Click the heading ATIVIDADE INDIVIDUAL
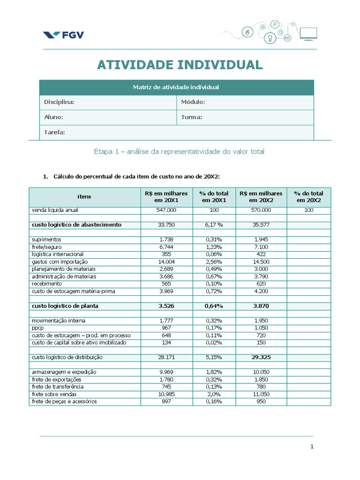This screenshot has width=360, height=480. (x=180, y=65)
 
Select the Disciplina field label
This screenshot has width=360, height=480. (x=59, y=102)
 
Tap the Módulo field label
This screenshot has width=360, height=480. (x=193, y=102)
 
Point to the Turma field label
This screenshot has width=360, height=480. (x=192, y=117)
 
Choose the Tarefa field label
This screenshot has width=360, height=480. (x=54, y=132)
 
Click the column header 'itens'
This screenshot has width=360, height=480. (x=84, y=196)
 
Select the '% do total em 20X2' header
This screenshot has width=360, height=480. (x=308, y=196)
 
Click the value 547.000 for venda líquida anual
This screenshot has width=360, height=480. (x=166, y=210)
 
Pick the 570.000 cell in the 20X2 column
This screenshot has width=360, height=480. (x=261, y=210)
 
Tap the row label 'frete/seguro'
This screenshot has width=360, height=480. (x=47, y=247)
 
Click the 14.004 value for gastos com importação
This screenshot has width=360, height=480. (x=166, y=262)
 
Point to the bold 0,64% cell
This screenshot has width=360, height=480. (x=214, y=306)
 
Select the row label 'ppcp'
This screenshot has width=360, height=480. (x=37, y=328)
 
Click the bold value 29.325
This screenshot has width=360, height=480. (x=261, y=357)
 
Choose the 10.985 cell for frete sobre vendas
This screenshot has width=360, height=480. (x=166, y=394)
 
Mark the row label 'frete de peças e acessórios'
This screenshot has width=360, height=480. (x=64, y=402)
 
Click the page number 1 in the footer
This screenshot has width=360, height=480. (x=312, y=447)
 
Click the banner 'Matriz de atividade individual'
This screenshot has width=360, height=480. (x=176, y=87)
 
